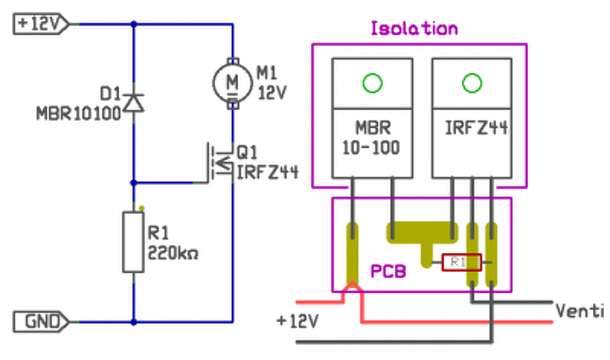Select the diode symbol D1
coord(134,103)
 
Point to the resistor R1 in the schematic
coord(133,243)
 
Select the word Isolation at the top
coord(414,29)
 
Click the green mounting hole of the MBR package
coord(372,83)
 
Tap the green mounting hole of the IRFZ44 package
coord(472,83)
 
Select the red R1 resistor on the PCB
coord(461,262)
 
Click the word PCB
coord(388,272)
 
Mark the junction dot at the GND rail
coord(134,322)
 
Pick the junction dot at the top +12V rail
coord(134,24)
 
